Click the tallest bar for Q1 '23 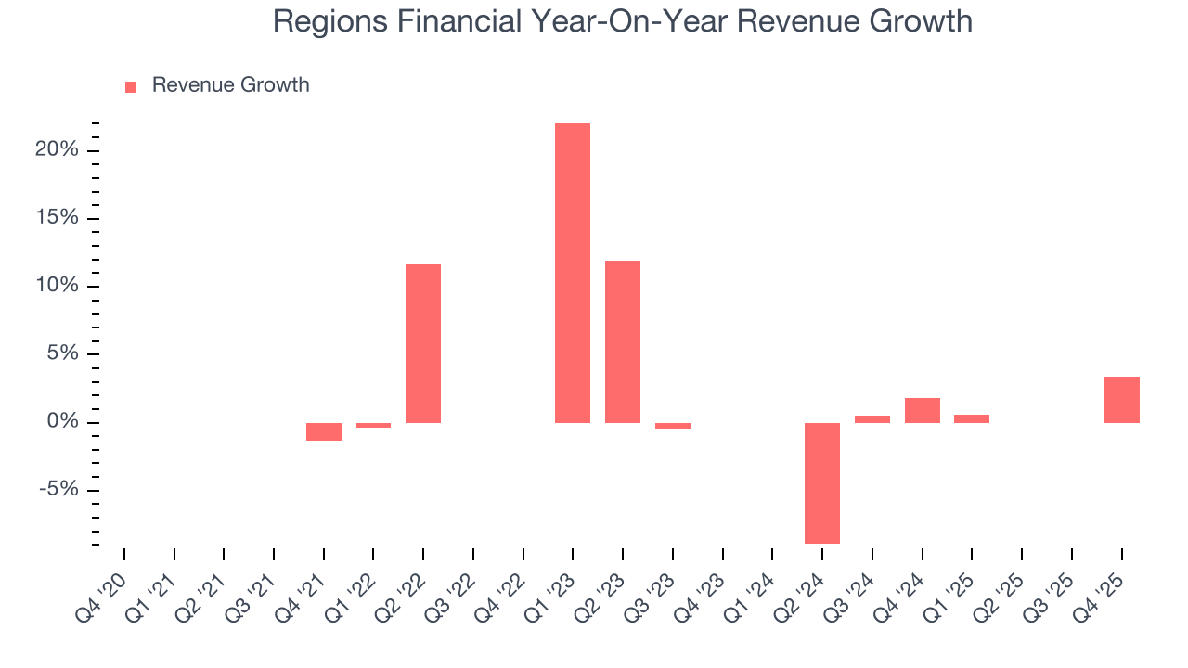click(x=573, y=273)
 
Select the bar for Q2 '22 click(x=423, y=343)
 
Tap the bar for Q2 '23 click(x=623, y=341)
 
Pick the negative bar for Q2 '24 click(x=822, y=482)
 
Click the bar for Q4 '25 click(x=1121, y=400)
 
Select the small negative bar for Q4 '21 click(x=324, y=431)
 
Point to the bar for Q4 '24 click(x=922, y=410)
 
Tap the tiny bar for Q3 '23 click(x=673, y=426)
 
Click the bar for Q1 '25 click(x=972, y=418)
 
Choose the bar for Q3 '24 click(x=872, y=419)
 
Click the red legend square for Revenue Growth click(x=131, y=86)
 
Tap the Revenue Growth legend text click(x=230, y=85)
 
